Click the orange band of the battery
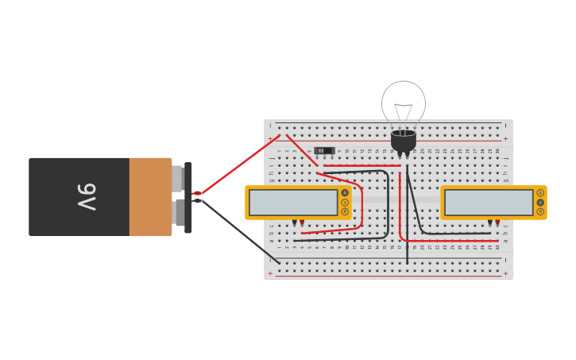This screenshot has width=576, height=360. point(150,197)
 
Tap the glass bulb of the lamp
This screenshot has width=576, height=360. point(404,103)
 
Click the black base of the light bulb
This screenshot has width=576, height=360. point(404,141)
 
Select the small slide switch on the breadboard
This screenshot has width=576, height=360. point(324,150)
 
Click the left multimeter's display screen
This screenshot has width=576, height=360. point(293,202)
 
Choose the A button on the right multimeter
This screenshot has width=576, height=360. point(540,192)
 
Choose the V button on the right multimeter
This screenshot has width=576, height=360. point(540,202)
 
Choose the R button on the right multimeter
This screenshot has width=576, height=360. point(540,211)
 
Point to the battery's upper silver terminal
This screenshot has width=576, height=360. point(178,180)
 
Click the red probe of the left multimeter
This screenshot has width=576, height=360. point(302,223)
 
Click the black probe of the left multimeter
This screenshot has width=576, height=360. point(294,223)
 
